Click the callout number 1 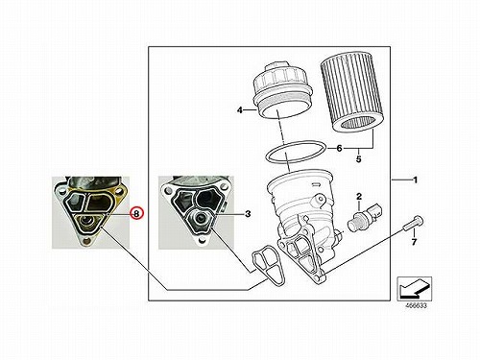tap(416, 180)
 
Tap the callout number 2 tap(359, 197)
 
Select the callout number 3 tap(248, 214)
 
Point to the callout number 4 tap(240, 110)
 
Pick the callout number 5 tap(358, 158)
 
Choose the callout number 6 tap(339, 148)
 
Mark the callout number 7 tap(414, 242)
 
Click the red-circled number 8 tap(137, 213)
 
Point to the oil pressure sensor tap(364, 217)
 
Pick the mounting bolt tap(413, 223)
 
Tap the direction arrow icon tap(414, 288)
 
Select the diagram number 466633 tap(416, 305)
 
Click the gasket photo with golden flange tap(91, 212)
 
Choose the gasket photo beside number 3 tap(196, 212)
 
